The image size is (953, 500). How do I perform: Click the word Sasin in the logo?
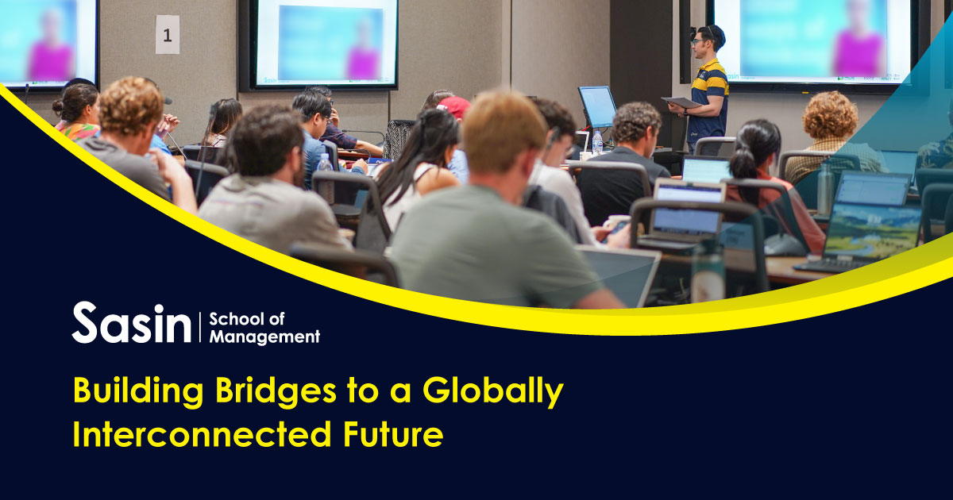tap(132, 323)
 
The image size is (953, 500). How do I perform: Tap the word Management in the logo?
tap(264, 337)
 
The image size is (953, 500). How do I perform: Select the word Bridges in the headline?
tap(276, 390)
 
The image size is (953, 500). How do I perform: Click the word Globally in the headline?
tap(492, 390)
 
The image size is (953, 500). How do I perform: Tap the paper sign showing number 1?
tap(168, 35)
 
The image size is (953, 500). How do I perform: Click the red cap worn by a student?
tap(454, 106)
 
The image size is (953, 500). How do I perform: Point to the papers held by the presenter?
tap(681, 102)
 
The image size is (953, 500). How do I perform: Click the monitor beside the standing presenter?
tap(597, 106)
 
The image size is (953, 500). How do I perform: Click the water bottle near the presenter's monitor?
tap(597, 142)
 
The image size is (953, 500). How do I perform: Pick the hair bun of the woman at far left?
tap(58, 106)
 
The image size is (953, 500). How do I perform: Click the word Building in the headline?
tap(138, 390)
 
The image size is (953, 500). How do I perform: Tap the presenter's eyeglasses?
tap(698, 41)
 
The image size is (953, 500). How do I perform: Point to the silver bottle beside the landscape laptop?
tap(825, 189)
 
